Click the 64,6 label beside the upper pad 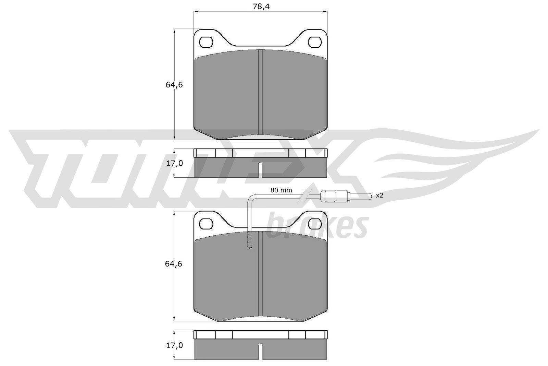174,85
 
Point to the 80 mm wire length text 281,190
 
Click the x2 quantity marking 379,196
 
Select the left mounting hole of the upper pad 206,42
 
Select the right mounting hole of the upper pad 315,42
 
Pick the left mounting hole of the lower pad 206,224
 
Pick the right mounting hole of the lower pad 315,224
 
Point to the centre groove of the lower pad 260,274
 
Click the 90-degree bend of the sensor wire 251,197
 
